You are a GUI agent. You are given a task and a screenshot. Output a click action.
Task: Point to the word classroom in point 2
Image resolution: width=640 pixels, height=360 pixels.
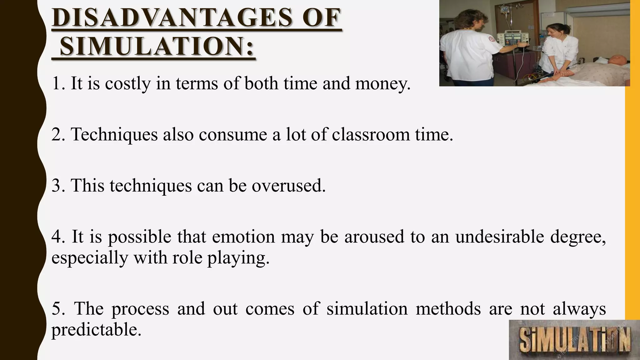coord(371,135)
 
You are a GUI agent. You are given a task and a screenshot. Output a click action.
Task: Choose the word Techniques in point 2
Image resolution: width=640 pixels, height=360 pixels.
coord(114,135)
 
